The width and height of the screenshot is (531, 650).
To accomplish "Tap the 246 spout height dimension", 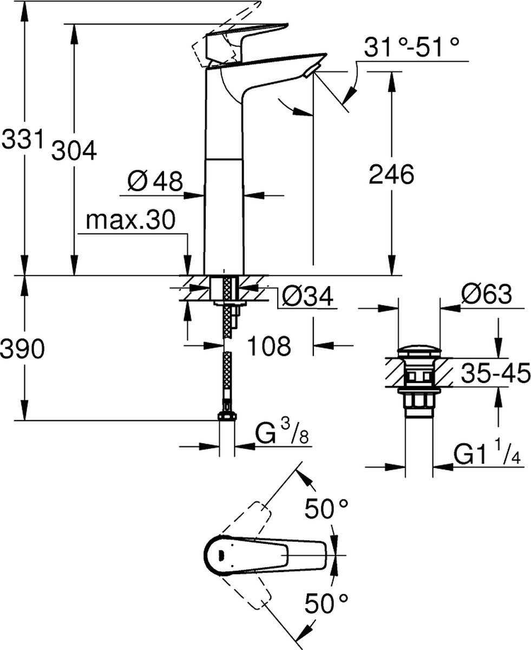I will pos(391,175).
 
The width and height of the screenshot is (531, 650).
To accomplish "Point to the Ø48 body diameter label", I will pos(155,181).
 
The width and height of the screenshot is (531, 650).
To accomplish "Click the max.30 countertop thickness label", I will pos(131,220).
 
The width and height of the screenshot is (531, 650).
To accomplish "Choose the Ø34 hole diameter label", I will pos(307,296).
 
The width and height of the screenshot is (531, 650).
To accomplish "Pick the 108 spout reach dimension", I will pos(270,346).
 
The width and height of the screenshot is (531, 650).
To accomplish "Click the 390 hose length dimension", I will pos(22,351).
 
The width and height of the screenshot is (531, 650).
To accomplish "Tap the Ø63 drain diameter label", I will pos(486,296).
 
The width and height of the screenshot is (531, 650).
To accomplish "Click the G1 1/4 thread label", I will pos(486,454).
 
